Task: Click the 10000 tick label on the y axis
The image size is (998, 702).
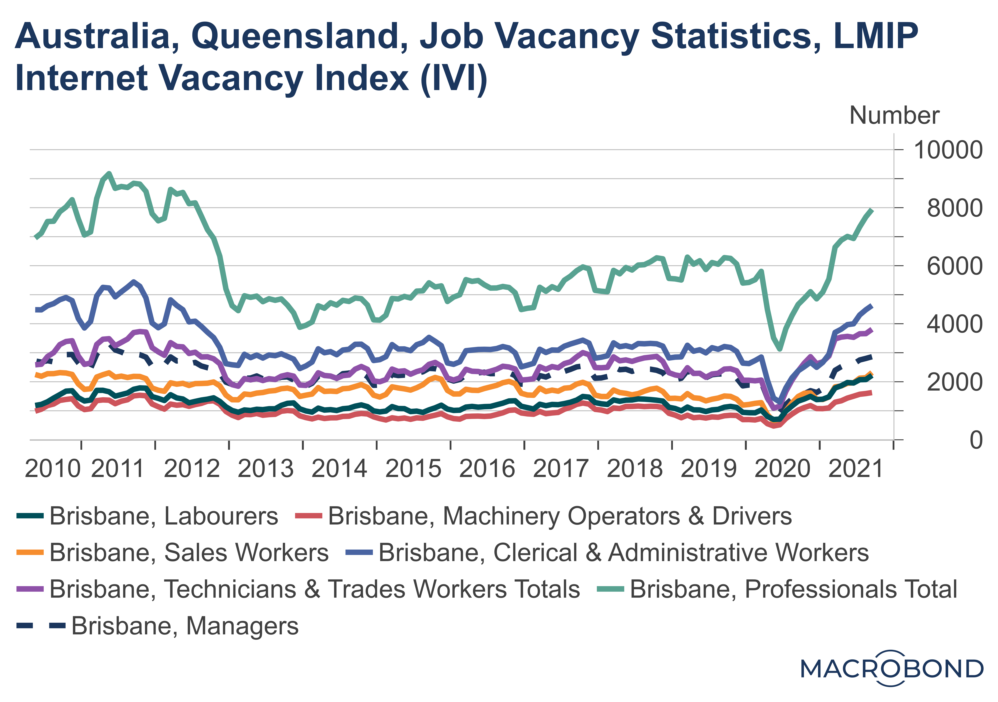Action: [948, 150]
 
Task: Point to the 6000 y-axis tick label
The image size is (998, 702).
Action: [954, 266]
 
